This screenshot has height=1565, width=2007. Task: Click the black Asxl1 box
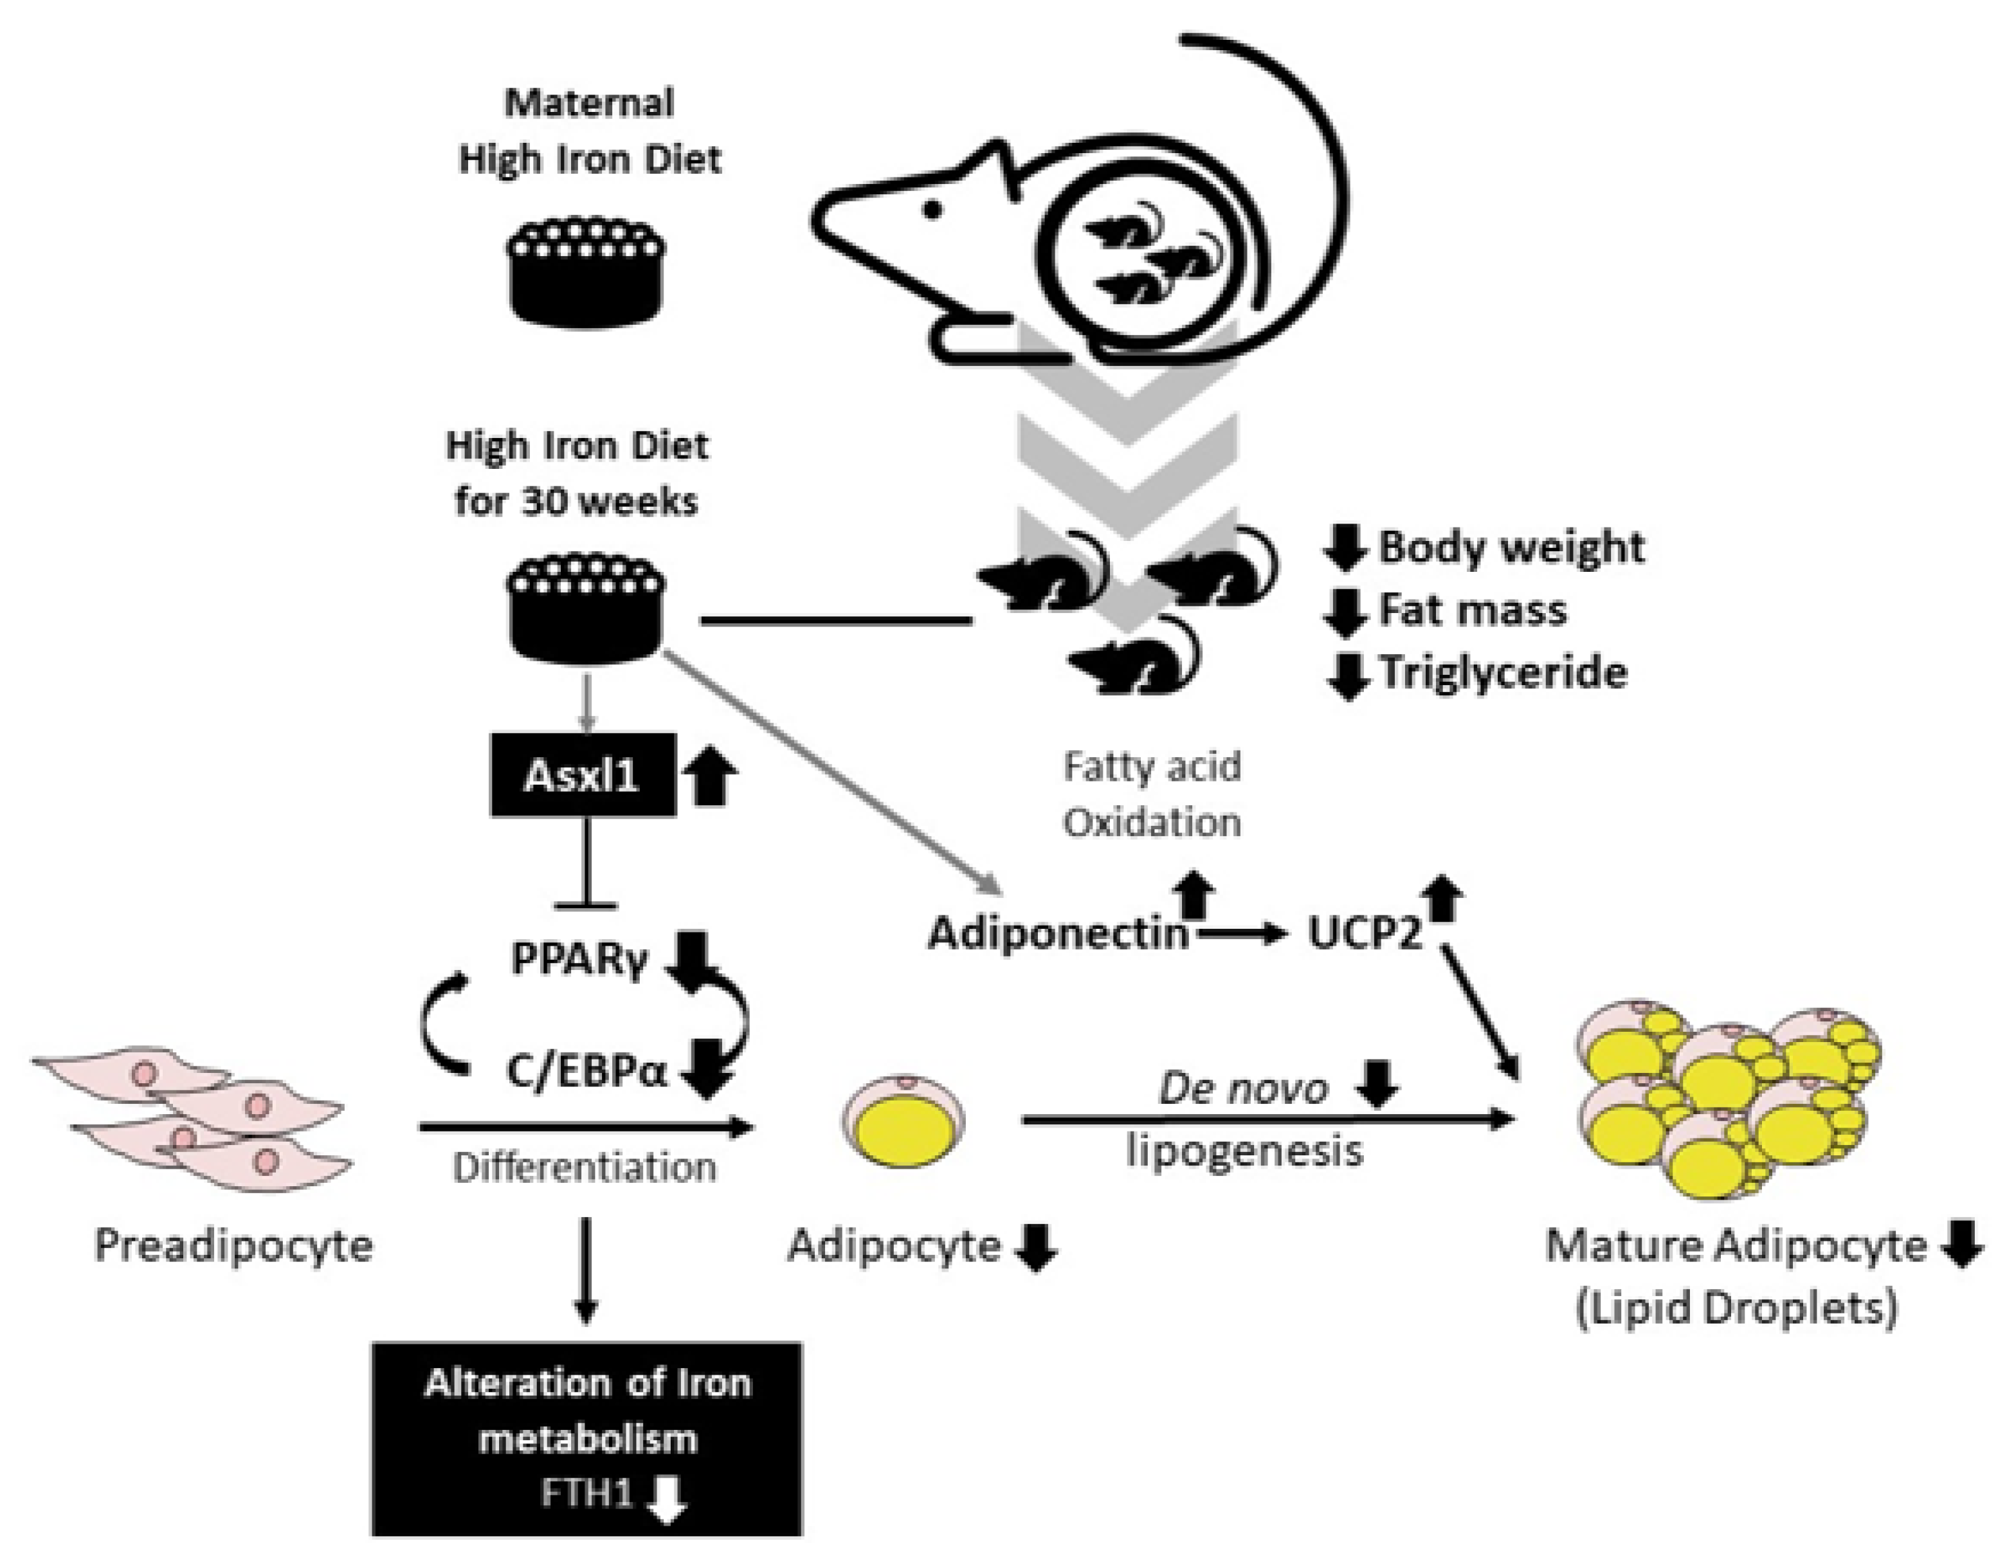[583, 774]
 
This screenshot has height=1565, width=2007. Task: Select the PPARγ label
[580, 958]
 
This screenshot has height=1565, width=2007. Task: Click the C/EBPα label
[586, 1070]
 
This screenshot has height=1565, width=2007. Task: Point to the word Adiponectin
[1057, 935]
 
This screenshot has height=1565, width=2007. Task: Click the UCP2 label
[1365, 935]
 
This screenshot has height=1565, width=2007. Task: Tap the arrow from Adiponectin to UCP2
[1240, 935]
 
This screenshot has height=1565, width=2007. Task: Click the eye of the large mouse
[932, 210]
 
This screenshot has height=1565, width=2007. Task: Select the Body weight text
[1511, 547]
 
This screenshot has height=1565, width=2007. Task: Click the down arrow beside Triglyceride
[1347, 675]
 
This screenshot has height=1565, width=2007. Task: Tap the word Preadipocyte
[233, 1246]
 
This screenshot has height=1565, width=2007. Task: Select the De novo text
[1243, 1089]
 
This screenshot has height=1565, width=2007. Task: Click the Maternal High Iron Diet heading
[589, 131]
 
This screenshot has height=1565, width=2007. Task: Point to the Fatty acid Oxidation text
[1152, 793]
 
